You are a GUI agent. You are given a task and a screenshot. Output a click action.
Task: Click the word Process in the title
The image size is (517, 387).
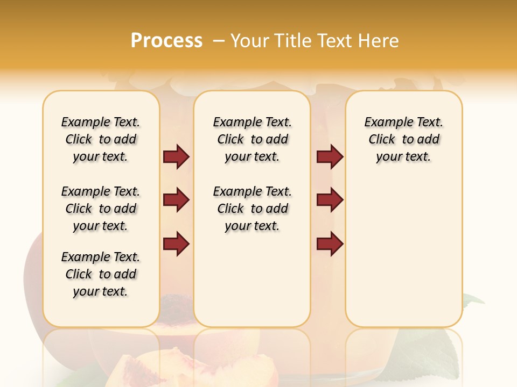[166, 40]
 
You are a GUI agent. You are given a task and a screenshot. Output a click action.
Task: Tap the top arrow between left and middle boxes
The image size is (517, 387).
[176, 157]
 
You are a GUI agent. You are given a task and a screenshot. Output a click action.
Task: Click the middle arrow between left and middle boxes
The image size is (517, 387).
[176, 200]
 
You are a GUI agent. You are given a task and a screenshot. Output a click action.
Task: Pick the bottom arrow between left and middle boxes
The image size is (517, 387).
[176, 243]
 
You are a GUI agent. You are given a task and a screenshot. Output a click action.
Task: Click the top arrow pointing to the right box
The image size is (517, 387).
[330, 157]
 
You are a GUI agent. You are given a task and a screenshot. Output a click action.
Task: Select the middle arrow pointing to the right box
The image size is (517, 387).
[330, 200]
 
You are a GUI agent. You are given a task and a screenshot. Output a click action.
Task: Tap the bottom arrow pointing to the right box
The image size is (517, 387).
[330, 243]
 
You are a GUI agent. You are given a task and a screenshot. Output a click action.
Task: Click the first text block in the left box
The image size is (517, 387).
[101, 139]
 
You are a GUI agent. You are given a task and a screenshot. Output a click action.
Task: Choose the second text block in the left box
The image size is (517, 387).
[101, 209]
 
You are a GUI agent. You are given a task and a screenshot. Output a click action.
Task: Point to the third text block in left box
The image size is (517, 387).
[101, 274]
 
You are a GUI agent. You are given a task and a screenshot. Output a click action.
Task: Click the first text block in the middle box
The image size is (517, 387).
[252, 139]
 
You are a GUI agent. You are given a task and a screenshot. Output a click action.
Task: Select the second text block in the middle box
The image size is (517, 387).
[252, 209]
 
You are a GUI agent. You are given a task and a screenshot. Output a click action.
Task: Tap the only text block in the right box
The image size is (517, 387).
[403, 139]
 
